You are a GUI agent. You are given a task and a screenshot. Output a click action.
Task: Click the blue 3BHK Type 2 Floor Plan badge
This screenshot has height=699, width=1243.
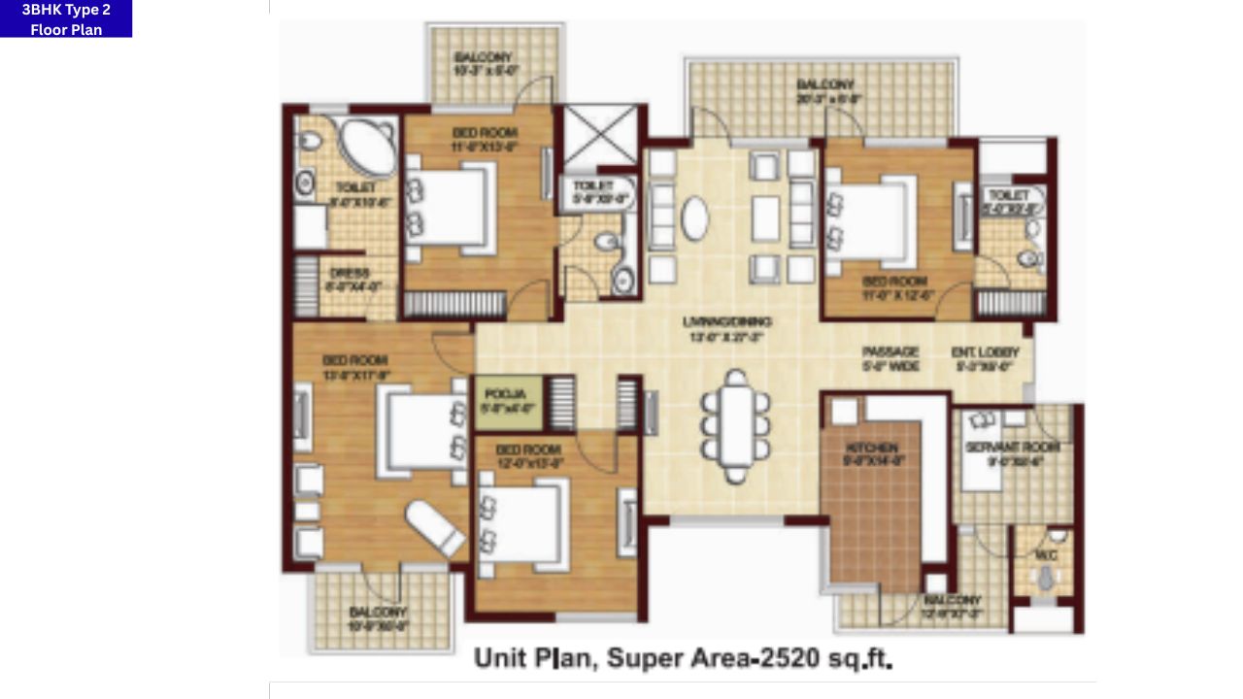coord(66,18)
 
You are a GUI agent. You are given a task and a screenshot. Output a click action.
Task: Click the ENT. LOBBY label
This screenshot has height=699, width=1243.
coord(985,359)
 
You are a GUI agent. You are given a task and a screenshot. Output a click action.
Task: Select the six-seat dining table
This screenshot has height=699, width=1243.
coord(736,426)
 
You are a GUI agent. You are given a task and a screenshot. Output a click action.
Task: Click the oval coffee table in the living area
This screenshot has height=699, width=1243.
coord(695,218)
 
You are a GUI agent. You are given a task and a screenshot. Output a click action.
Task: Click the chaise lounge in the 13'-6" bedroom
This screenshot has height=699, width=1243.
coord(434,529)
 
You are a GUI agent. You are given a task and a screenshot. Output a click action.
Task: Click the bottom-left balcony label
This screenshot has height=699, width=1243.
coord(379,618)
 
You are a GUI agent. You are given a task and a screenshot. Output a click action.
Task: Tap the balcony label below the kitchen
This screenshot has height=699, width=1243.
coord(952,607)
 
